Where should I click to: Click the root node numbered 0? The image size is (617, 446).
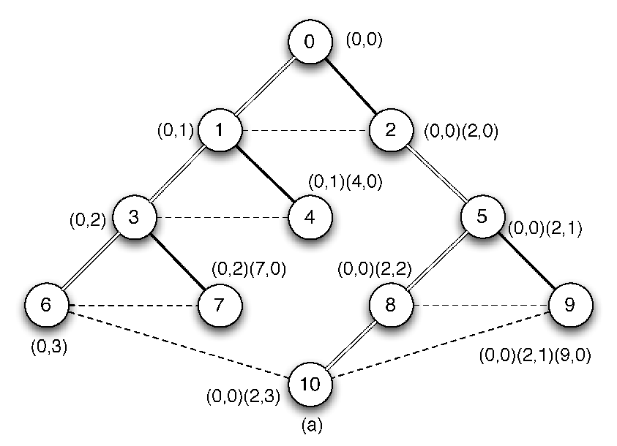tap(310, 41)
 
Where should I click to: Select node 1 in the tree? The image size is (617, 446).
tap(220, 129)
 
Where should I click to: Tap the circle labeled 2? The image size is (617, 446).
tap(391, 129)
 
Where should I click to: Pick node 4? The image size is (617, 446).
tap(310, 217)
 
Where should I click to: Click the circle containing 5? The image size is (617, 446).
tap(482, 216)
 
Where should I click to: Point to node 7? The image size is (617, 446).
tap(220, 305)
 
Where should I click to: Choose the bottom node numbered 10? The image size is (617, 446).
tap(310, 384)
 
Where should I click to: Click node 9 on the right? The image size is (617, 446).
tap(570, 305)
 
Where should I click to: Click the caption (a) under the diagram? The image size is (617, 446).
tap(312, 426)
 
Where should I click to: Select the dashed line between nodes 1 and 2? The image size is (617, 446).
tap(305, 130)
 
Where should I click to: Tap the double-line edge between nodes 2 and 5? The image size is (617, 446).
tap(436, 173)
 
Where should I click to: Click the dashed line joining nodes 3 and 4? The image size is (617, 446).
tap(223, 217)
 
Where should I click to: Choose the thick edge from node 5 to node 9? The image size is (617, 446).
tap(526, 260)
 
